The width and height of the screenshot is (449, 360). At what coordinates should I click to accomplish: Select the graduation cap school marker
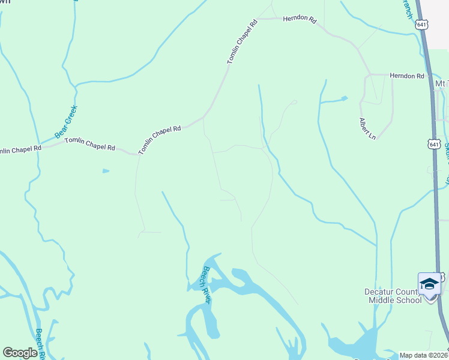(429, 283)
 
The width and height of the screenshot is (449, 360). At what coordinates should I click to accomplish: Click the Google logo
(20, 353)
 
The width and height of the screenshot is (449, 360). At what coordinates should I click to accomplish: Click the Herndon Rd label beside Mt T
(406, 76)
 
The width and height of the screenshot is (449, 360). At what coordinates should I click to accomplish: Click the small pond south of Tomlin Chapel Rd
(106, 171)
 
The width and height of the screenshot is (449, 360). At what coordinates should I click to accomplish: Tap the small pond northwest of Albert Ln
(343, 98)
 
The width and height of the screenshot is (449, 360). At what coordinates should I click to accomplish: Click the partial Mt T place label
(442, 83)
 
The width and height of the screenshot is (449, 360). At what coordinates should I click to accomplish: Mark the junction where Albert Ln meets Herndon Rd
(369, 74)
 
